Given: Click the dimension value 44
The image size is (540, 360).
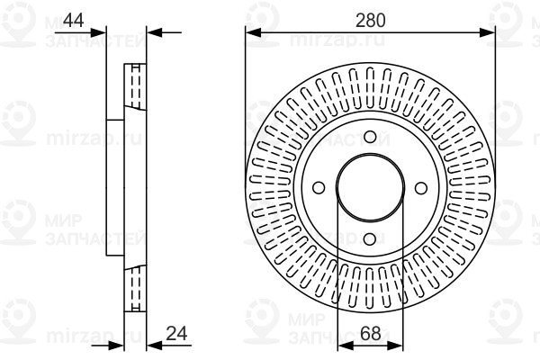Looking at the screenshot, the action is pos(73,21).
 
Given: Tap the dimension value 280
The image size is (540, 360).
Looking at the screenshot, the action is pos(370,21).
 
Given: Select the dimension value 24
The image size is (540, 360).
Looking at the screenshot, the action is pos(176,333).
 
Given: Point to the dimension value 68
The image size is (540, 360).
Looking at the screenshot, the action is pos(371,333).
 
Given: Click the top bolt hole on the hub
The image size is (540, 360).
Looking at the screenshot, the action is pos(370,137).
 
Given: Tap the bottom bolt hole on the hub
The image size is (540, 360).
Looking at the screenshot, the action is pos(370,238).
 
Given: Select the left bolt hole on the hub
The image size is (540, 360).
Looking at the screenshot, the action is pos(319,188).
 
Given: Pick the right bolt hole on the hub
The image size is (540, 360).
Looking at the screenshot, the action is pos(421,188).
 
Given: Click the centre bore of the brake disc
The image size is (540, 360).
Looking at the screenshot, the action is pos(370,188).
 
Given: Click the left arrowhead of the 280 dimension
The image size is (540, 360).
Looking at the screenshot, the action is pos(253,32).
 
